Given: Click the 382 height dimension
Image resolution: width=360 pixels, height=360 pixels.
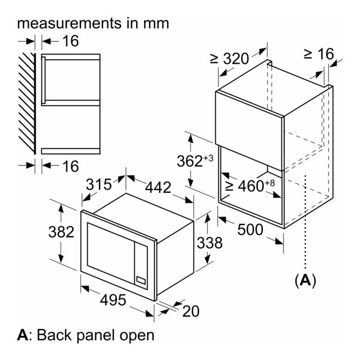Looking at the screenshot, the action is pos(61,232).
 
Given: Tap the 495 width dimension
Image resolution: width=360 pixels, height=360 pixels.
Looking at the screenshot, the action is pos(113,300).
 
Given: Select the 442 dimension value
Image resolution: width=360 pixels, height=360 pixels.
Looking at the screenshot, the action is pos(158,187).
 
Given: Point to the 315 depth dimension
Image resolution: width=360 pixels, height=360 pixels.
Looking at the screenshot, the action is pos(99,184).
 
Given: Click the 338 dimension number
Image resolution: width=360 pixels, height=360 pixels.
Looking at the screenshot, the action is pos(210,243).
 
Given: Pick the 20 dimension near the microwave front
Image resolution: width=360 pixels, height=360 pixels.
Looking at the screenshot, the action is pos(191,312).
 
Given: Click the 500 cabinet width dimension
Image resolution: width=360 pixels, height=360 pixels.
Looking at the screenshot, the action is pos(250,229).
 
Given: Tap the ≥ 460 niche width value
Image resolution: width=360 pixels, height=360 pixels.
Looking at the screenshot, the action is pos(245,186).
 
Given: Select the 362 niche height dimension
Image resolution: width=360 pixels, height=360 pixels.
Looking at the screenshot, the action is pos(190,161).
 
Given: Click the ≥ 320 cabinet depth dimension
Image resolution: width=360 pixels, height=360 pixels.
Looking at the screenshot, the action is pos(229,58).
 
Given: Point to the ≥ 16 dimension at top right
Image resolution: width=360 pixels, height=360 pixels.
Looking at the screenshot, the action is pos(319,53).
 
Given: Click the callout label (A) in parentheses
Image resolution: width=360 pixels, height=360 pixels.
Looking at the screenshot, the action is pos(305,280).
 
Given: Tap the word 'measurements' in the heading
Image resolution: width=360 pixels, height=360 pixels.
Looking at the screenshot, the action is pos(69,24).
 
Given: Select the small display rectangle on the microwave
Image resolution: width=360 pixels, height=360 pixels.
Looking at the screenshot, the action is pos(141,280).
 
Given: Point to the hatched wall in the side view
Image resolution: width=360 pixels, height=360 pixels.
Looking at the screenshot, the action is pos(27,103).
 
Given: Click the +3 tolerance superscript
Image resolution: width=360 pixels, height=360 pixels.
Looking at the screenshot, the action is pos(209,158).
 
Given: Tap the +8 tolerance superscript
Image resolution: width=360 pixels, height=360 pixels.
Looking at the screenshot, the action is pos(270,183).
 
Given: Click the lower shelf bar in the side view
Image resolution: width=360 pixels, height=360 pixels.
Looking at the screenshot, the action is pos(71,151).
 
